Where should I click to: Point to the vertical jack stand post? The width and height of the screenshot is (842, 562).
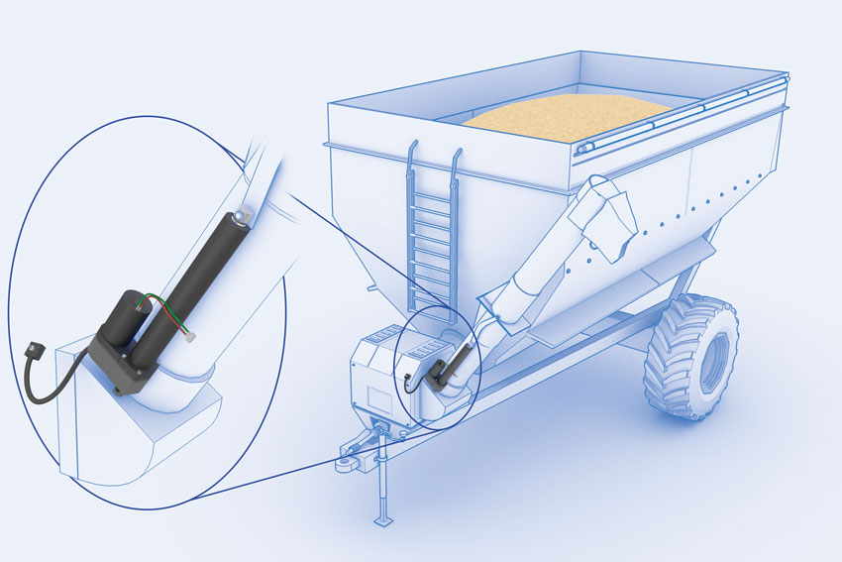[379, 476]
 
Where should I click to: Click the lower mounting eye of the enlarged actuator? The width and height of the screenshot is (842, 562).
[122, 390]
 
